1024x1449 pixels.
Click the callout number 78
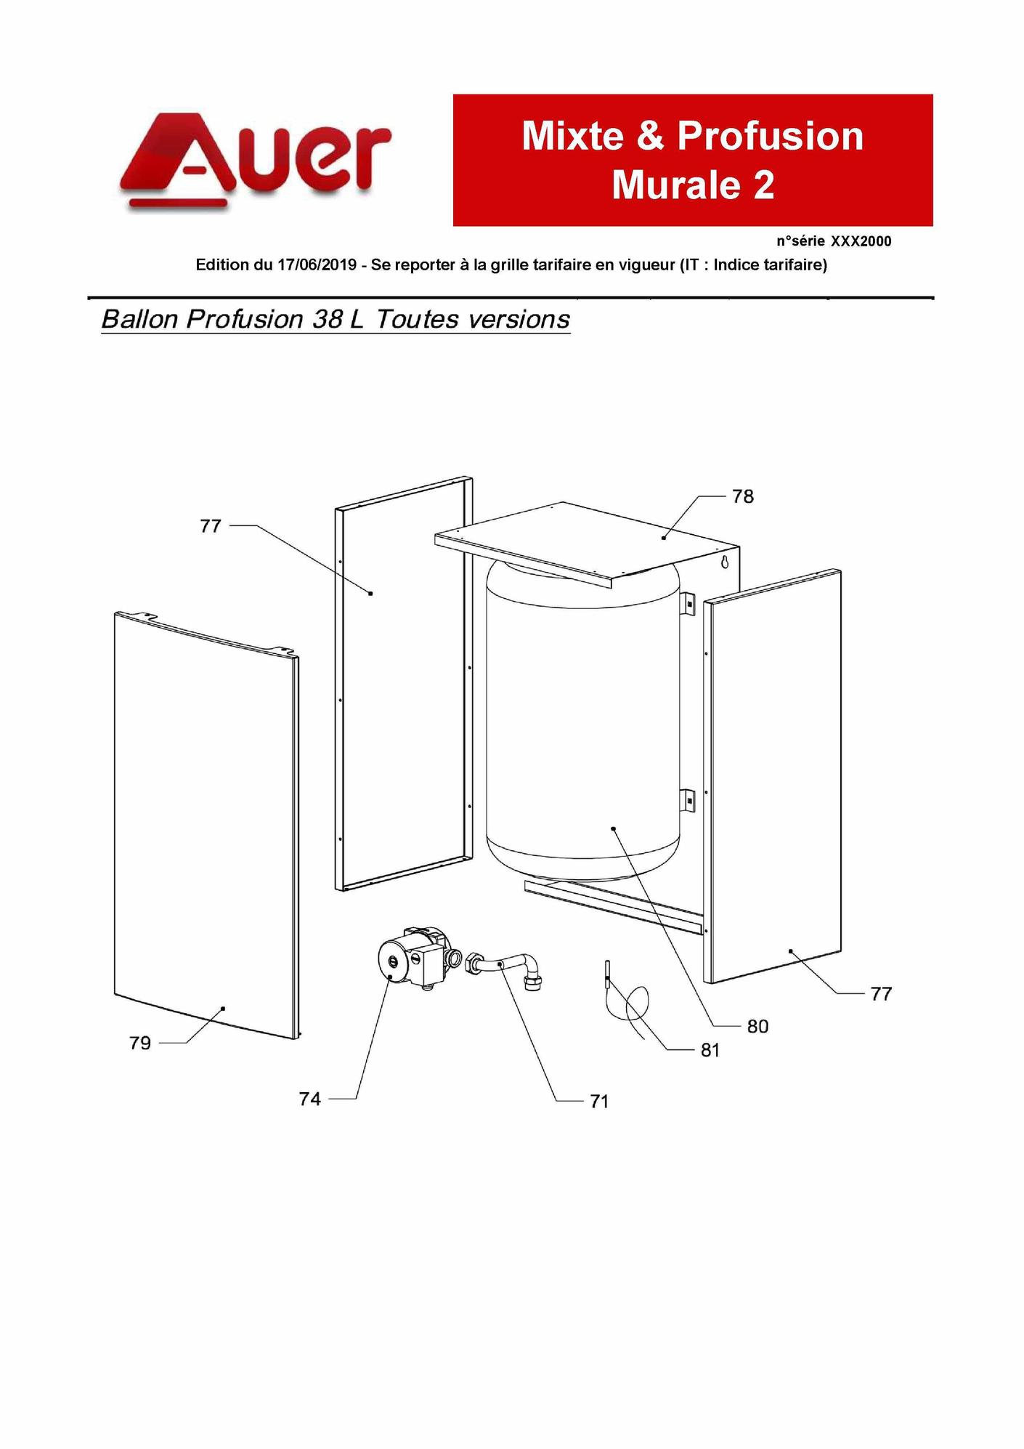tap(743, 496)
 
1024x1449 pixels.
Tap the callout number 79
tap(140, 1043)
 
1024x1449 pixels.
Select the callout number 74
tap(310, 1099)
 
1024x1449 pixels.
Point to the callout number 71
tap(599, 1102)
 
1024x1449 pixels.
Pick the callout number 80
tap(757, 1026)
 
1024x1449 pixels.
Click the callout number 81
tap(710, 1050)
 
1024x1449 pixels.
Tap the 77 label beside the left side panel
tap(211, 526)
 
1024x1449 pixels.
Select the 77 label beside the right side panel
tap(881, 993)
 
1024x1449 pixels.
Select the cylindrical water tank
tap(583, 719)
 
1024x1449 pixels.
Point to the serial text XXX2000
tap(861, 241)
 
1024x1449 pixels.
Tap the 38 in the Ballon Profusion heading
tap(327, 319)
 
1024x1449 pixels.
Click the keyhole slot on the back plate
tap(724, 562)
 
